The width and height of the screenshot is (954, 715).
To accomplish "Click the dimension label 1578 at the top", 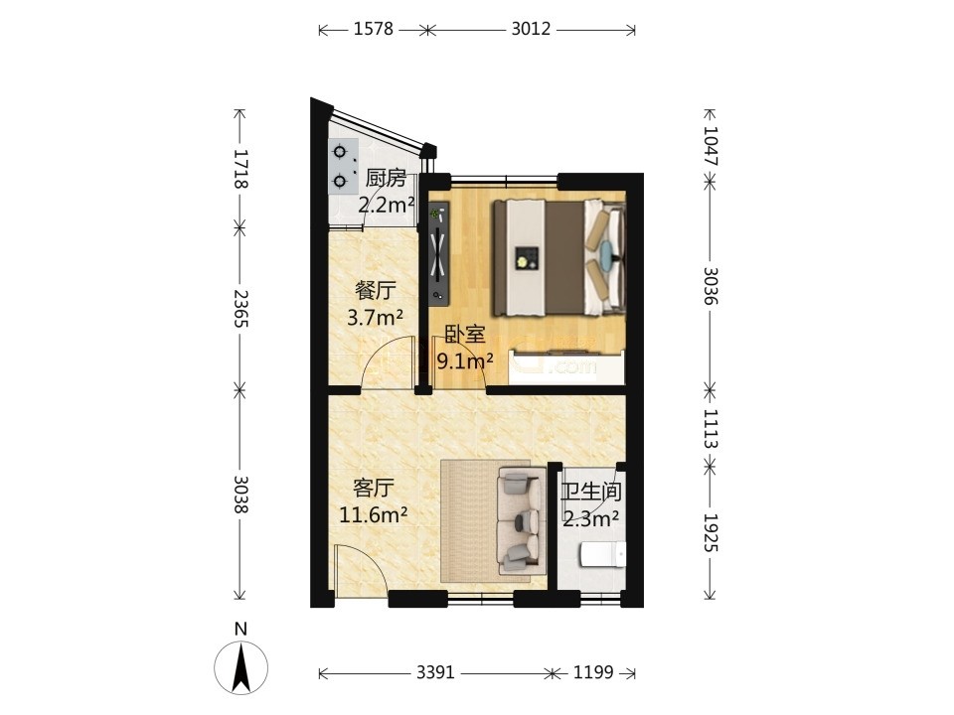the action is (x=374, y=29).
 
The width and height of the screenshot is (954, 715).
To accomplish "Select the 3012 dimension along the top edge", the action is (x=531, y=29).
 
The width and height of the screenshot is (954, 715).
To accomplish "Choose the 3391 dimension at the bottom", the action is (x=435, y=672).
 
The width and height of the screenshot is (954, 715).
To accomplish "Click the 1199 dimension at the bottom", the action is (x=593, y=672).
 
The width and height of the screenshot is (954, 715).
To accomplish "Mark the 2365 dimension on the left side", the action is (x=240, y=308).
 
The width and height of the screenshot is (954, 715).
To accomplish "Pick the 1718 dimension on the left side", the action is (x=240, y=169).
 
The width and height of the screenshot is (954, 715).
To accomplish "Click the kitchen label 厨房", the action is (x=386, y=178).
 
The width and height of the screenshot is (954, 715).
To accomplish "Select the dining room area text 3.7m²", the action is (x=375, y=317).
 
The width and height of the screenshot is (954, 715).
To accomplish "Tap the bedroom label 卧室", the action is (x=464, y=335).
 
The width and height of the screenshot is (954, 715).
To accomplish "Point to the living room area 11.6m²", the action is (x=373, y=515).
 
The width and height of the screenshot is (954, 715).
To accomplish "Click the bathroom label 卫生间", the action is (x=590, y=492).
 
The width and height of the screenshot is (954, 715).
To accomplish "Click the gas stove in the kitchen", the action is (x=340, y=166).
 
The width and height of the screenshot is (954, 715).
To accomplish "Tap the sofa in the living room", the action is (x=520, y=519).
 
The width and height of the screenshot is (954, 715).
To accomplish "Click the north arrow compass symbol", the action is (x=240, y=666).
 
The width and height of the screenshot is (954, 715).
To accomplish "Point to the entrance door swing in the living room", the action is (x=359, y=568).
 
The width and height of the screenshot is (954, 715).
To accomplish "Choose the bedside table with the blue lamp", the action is (x=606, y=253).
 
